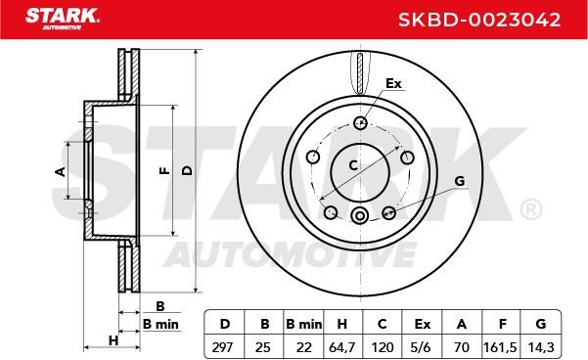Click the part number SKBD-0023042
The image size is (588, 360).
(x=479, y=20)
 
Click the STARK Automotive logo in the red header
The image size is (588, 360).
(x=63, y=19)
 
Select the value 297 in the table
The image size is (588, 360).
(x=224, y=347)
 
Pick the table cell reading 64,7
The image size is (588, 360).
(x=342, y=347)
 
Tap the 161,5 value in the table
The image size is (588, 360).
(x=500, y=347)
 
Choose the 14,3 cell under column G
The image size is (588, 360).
(x=541, y=347)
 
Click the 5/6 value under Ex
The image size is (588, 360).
(x=421, y=347)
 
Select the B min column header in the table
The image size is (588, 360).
(x=303, y=324)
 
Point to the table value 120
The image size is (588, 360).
(x=383, y=347)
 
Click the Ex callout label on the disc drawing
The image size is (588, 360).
(x=393, y=83)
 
